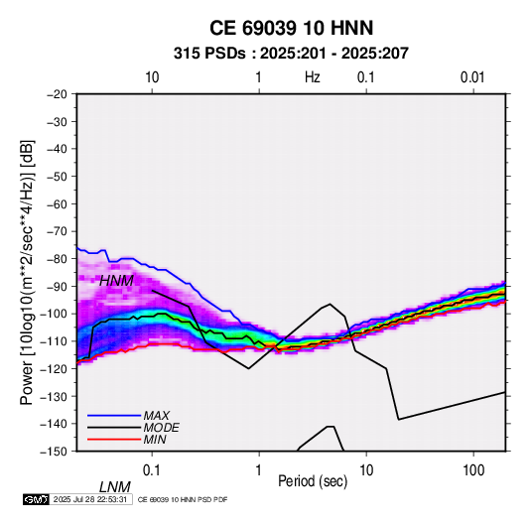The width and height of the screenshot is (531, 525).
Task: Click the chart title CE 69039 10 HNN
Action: (x=291, y=28)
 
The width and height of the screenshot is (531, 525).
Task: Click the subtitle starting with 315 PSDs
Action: (x=291, y=54)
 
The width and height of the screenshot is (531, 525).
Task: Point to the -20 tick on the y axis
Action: (x=57, y=94)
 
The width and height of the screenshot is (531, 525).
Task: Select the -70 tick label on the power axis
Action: (x=57, y=231)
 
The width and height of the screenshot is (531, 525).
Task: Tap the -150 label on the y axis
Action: (x=54, y=452)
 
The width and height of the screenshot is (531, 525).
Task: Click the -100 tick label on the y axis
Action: (x=54, y=314)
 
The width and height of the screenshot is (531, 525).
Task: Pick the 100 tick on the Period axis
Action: (x=473, y=470)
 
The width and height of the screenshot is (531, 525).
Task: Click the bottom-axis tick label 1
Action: (x=258, y=470)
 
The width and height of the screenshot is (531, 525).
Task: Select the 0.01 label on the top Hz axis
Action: (x=472, y=77)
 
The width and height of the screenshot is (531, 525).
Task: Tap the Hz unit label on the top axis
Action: (x=313, y=77)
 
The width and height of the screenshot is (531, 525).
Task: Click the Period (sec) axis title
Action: (x=313, y=481)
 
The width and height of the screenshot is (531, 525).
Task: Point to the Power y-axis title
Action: (x=27, y=272)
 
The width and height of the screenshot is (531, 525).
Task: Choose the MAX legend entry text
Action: (x=156, y=416)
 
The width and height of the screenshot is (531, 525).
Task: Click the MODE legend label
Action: (x=161, y=428)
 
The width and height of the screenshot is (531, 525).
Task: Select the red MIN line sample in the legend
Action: (x=114, y=440)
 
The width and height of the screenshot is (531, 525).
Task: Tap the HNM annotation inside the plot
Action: (x=116, y=281)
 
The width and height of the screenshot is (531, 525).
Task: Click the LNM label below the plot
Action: (x=114, y=487)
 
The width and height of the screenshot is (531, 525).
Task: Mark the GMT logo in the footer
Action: (x=36, y=499)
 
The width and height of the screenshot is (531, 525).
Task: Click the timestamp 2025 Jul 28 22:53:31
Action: (x=90, y=499)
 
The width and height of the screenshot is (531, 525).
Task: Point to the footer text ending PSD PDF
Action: (x=183, y=499)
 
